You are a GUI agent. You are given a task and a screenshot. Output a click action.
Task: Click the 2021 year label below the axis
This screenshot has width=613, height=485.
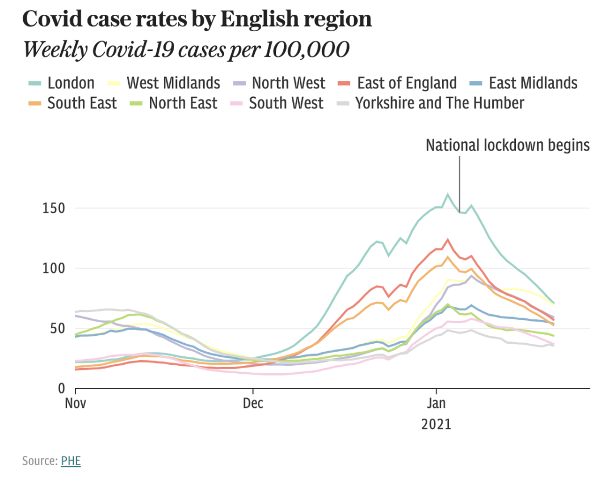(x=436, y=424)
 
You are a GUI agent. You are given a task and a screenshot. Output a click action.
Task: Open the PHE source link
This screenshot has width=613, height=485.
(x=71, y=460)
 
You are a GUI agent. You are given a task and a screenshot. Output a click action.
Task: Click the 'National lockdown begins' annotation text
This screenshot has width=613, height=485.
(x=507, y=146)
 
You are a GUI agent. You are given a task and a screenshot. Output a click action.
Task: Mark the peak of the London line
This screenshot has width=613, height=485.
(x=447, y=195)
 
